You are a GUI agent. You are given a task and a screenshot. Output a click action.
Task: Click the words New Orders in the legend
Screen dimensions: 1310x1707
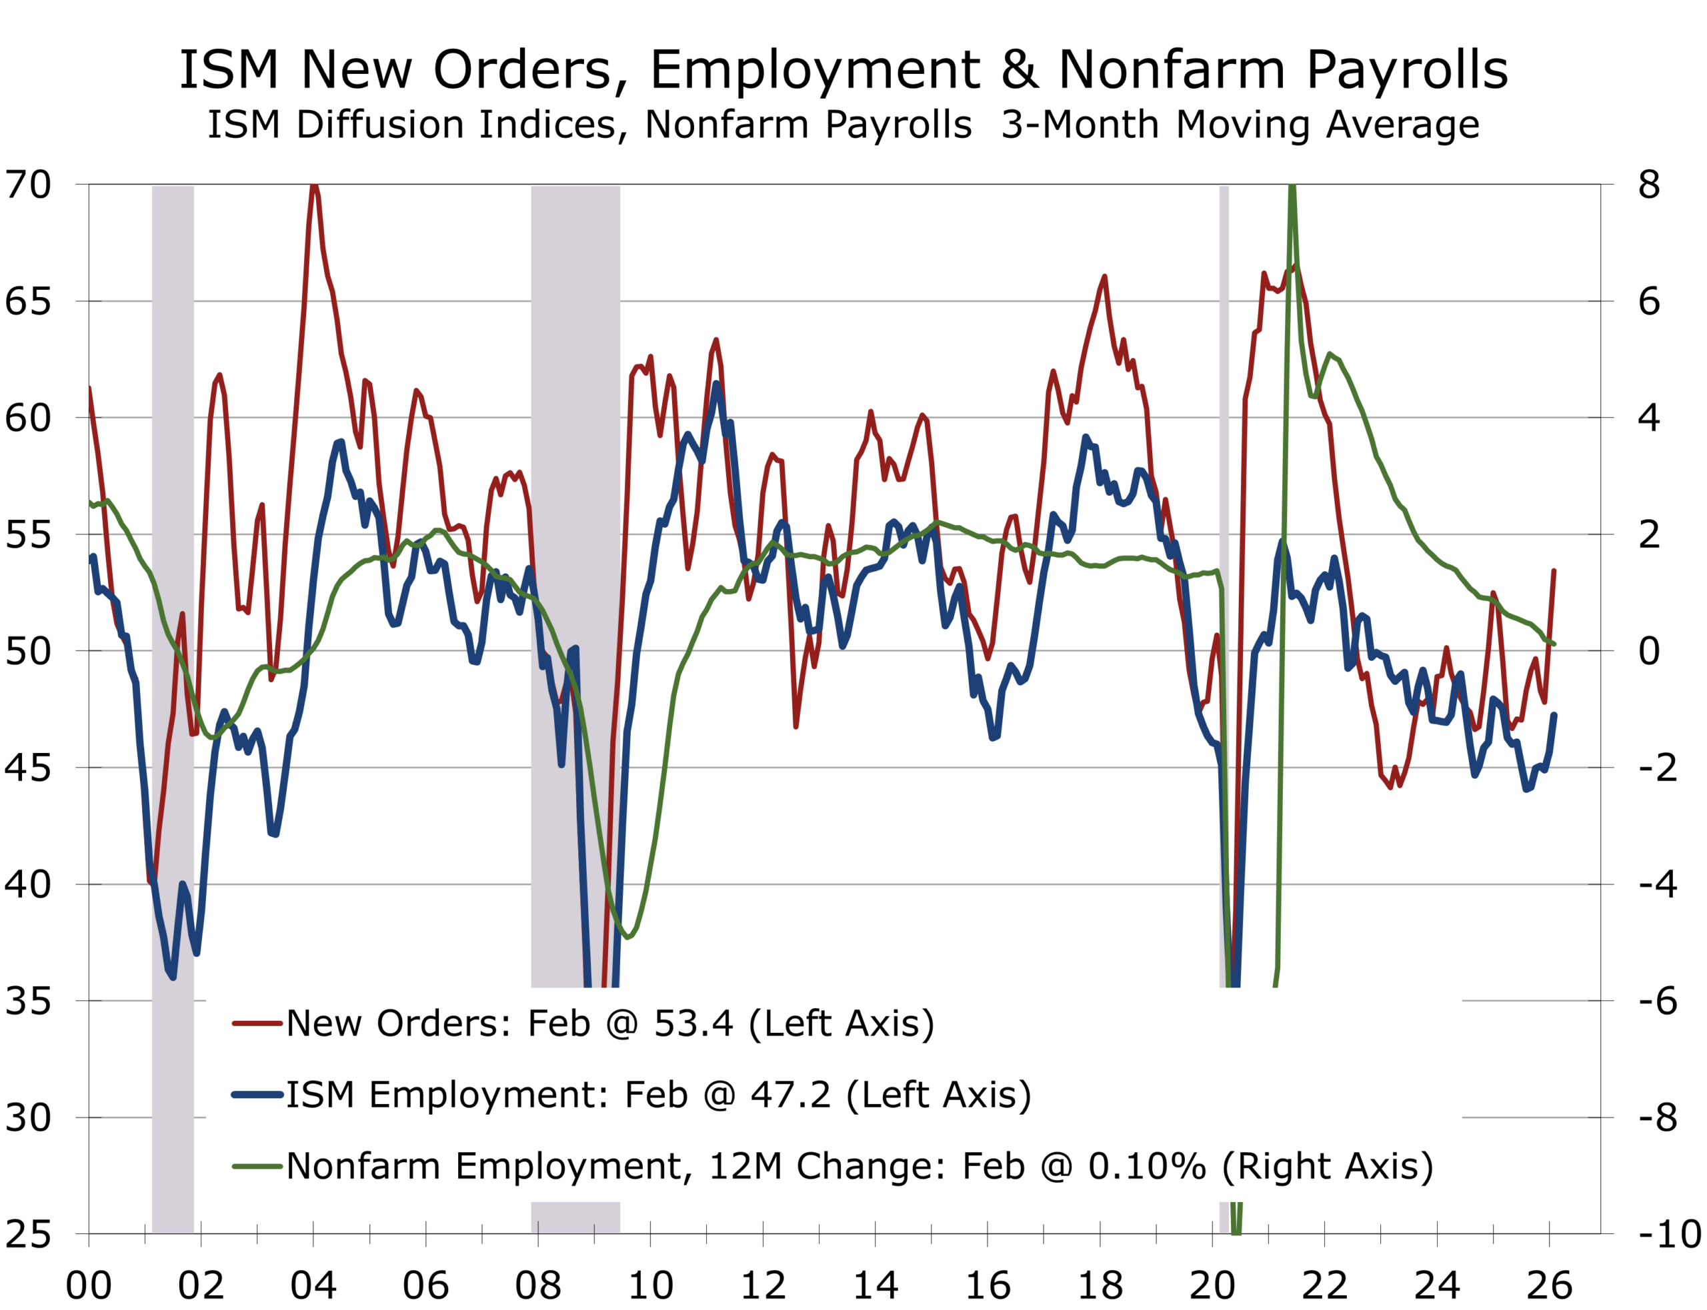pos(399,1024)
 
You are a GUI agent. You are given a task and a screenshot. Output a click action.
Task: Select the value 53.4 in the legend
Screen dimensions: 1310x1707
pos(693,1024)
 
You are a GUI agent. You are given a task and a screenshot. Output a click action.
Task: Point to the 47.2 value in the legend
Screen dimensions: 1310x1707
pos(790,1095)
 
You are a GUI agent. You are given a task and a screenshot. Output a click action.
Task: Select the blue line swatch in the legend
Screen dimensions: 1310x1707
pos(257,1095)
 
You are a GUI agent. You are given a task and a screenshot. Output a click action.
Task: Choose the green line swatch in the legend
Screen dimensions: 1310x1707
pos(257,1167)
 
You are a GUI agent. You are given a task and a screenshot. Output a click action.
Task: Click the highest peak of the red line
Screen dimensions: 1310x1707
pos(313,187)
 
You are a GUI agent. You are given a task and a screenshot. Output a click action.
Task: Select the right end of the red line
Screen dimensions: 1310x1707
pos(1554,570)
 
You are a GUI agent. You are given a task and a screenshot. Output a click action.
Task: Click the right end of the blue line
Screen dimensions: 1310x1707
pos(1555,714)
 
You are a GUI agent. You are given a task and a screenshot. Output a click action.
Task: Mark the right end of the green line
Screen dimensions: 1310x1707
pos(1555,644)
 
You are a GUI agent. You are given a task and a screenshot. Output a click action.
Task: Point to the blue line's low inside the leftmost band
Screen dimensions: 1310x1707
pos(171,976)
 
